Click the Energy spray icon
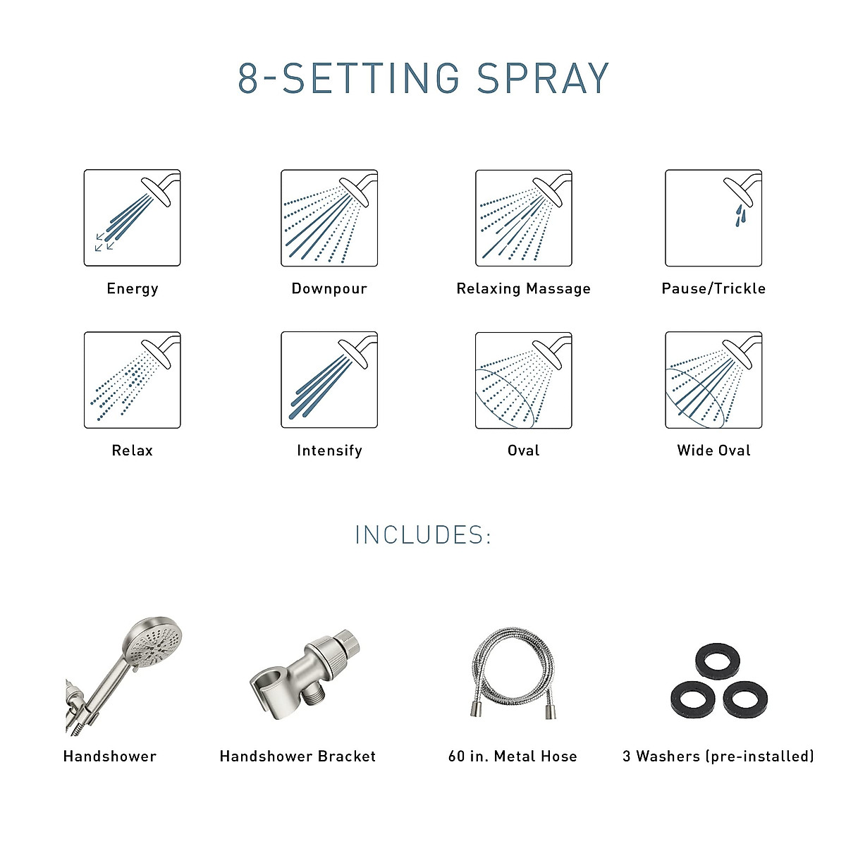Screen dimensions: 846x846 pyautogui.click(x=132, y=218)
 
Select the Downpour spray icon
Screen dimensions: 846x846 pyautogui.click(x=329, y=218)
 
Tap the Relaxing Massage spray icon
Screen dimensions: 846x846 pyautogui.click(x=523, y=218)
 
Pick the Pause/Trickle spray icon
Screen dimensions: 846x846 pyautogui.click(x=713, y=218)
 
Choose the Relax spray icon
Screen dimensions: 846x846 pyautogui.click(x=132, y=380)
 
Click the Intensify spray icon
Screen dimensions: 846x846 pyautogui.click(x=329, y=380)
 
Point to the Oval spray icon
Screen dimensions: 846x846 pyautogui.click(x=523, y=380)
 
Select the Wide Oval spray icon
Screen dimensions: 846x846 pyautogui.click(x=713, y=380)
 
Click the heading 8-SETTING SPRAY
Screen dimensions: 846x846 pyautogui.click(x=423, y=78)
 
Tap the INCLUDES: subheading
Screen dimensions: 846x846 pyautogui.click(x=423, y=536)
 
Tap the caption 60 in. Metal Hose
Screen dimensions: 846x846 pyautogui.click(x=513, y=756)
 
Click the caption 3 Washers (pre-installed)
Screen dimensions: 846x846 pyautogui.click(x=718, y=756)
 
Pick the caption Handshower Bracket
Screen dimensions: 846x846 pyautogui.click(x=298, y=756)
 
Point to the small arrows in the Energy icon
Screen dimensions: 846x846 pyautogui.click(x=104, y=242)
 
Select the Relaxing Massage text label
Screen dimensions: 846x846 pyautogui.click(x=523, y=288)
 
